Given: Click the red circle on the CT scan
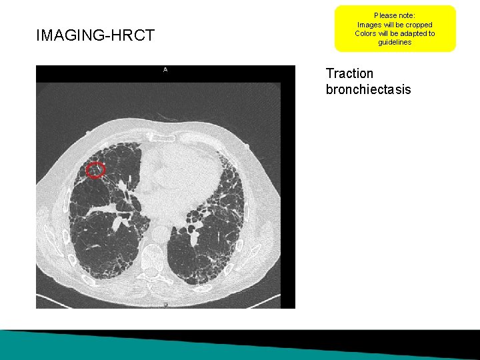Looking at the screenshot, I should pyautogui.click(x=96, y=170).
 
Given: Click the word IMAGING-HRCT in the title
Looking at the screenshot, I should pyautogui.click(x=95, y=36).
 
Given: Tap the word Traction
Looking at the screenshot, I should pyautogui.click(x=349, y=73).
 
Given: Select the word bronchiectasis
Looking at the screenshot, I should pyautogui.click(x=368, y=89).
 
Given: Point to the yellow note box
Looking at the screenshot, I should pyautogui.click(x=395, y=29).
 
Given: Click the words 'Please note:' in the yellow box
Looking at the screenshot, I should pyautogui.click(x=395, y=15).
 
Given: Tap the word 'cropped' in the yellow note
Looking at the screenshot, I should pyautogui.click(x=417, y=25).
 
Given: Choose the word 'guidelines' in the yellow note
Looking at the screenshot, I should pyautogui.click(x=395, y=43).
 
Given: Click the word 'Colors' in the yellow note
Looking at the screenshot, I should pyautogui.click(x=365, y=33).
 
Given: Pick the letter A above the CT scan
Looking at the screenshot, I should pyautogui.click(x=165, y=69).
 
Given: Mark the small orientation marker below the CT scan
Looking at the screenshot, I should pyautogui.click(x=165, y=305).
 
